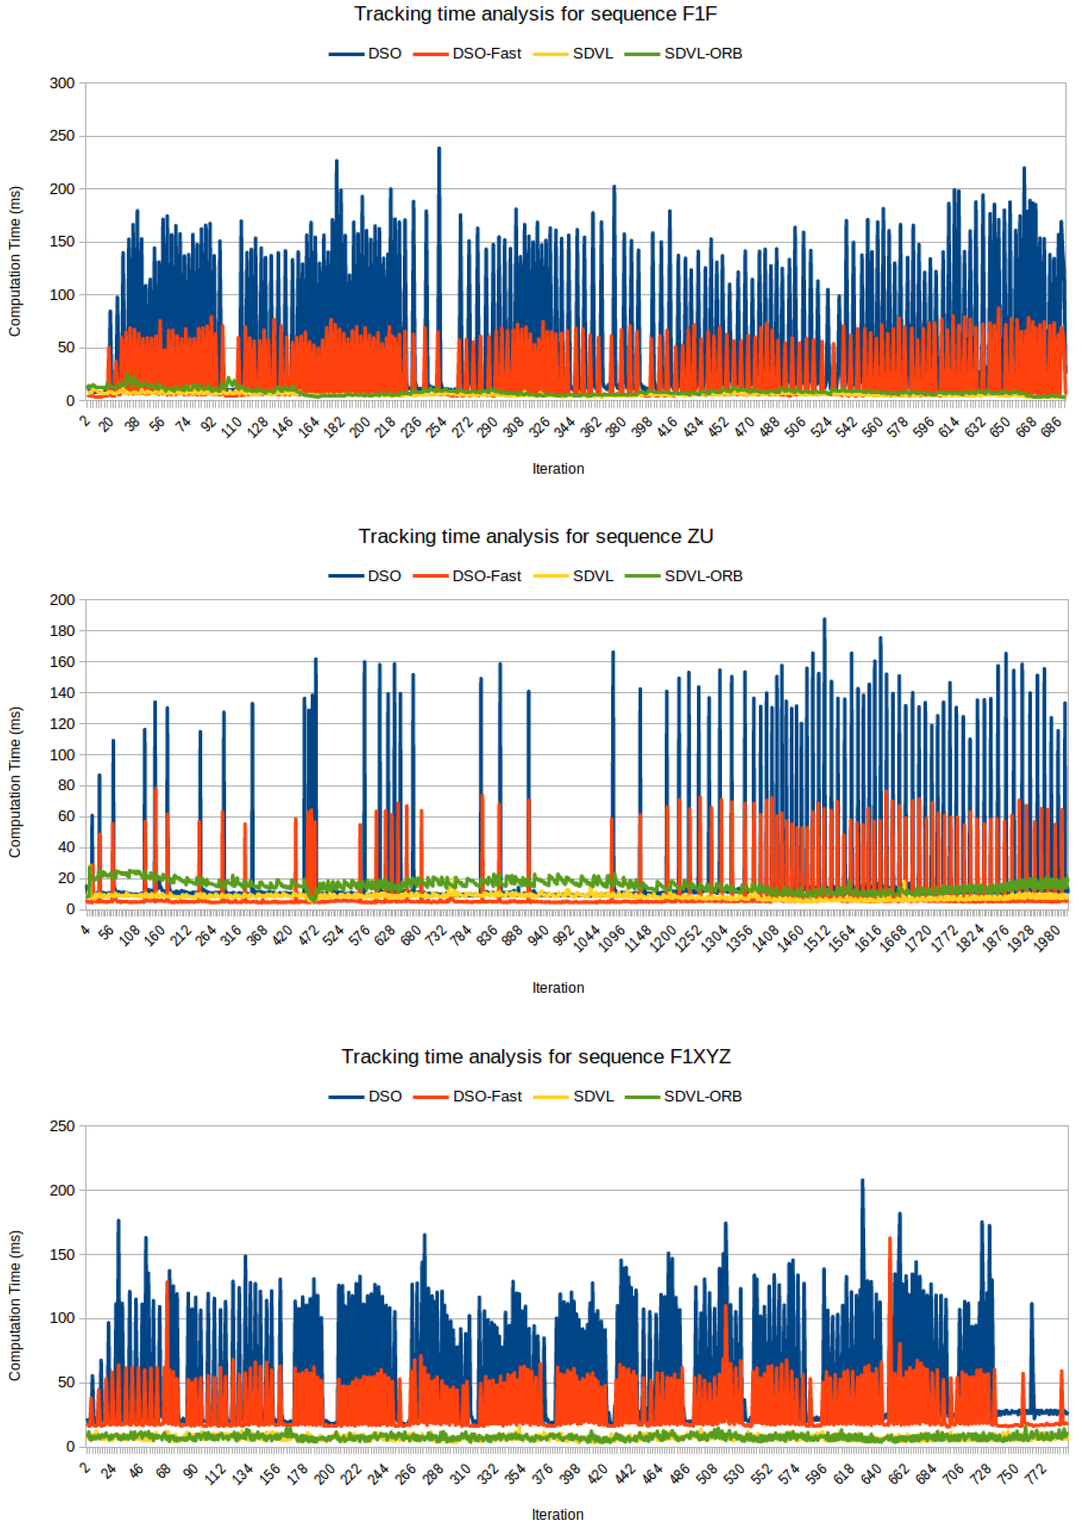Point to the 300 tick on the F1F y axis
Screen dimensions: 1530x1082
tap(62, 83)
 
